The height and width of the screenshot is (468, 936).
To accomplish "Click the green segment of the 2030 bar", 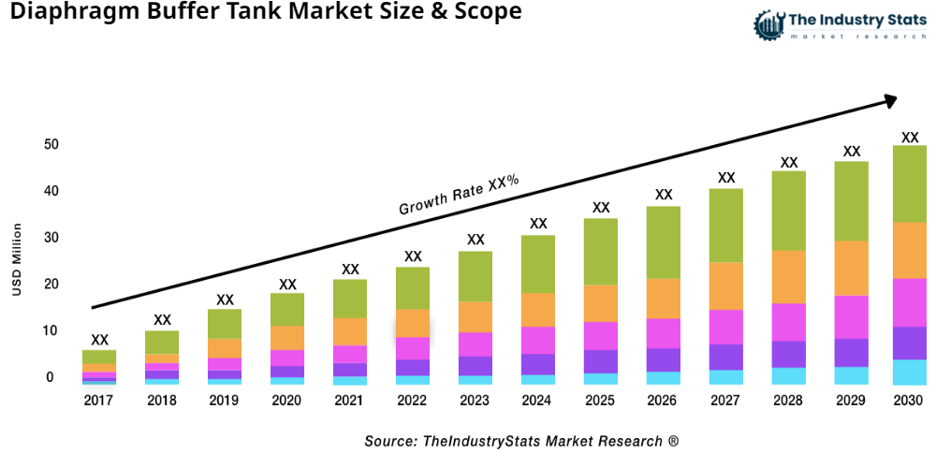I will (909, 183).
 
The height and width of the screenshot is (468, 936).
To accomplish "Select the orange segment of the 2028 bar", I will (789, 277).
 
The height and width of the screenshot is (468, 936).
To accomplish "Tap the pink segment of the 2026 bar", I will (664, 333).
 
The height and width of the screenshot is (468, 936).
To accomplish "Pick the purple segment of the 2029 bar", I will (852, 352).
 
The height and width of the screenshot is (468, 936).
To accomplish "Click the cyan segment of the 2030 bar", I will (909, 373).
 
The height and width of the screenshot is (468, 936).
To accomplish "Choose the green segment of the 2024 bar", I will (538, 264).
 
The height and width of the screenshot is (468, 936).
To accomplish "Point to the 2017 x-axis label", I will (99, 401).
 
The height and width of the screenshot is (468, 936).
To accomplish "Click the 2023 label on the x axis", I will (475, 401).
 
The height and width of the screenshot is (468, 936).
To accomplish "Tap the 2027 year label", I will (726, 401).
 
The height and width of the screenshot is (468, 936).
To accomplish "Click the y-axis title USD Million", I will (17, 260).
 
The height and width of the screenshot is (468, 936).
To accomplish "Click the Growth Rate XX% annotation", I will (459, 195).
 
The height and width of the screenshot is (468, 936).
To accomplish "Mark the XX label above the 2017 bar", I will (99, 340).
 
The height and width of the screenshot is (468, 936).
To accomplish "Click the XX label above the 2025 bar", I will (601, 208).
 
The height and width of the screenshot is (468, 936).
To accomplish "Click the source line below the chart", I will (521, 441).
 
